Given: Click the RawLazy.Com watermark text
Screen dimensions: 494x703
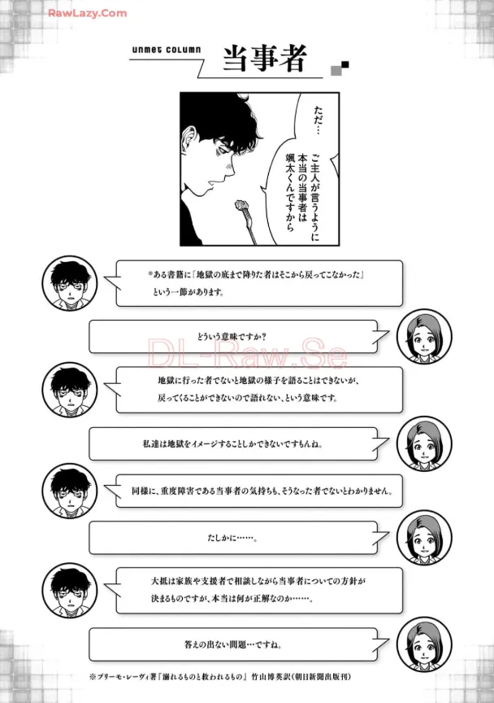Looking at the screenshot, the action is (x=87, y=14).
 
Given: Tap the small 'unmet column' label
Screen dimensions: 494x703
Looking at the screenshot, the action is (x=167, y=50).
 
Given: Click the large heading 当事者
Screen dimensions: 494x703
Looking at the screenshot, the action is (x=265, y=59).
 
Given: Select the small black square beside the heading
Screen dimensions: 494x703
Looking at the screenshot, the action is (x=344, y=65).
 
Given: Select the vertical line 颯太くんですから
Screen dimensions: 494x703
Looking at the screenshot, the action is (x=290, y=193).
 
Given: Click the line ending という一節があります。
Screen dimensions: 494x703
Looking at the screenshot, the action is (x=188, y=292).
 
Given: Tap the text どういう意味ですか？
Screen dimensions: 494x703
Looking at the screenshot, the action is (x=232, y=336).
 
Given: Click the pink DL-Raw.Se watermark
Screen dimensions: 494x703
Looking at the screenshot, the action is (x=247, y=352).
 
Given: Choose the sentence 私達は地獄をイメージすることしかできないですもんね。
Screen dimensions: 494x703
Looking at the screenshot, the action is (x=232, y=444).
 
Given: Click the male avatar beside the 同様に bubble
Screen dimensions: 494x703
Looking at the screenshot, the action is (x=70, y=491).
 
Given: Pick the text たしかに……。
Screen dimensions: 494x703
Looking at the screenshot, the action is (x=232, y=537).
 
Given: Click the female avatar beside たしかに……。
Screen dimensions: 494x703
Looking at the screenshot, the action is (x=424, y=538).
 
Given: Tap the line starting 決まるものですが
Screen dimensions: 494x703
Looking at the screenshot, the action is (x=232, y=599).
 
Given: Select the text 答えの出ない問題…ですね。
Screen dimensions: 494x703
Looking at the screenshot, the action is (x=233, y=644).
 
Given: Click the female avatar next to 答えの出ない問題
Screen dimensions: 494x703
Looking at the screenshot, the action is (x=424, y=644).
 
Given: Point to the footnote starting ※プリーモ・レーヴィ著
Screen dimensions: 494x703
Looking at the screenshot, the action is (x=220, y=676).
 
